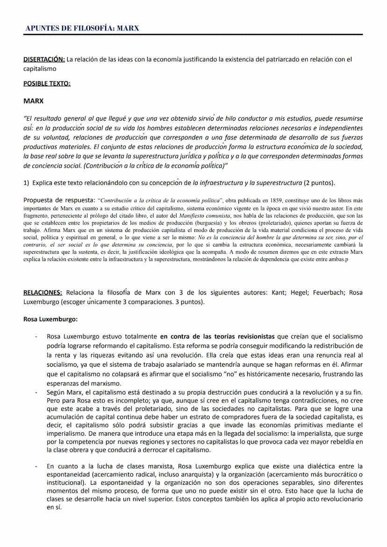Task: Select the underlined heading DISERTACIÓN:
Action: pos(44,59)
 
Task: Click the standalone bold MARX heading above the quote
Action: pos(33,100)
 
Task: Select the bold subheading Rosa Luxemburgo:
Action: pos(50,319)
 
